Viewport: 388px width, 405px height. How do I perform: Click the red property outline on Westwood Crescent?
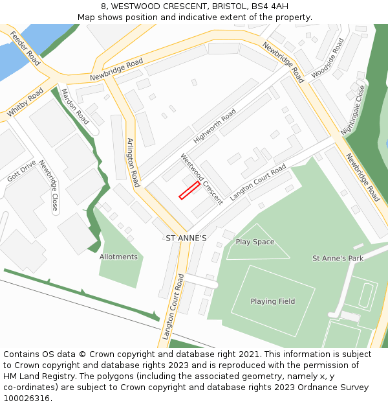[x=189, y=190]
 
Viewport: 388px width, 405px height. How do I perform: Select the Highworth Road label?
[x=215, y=126]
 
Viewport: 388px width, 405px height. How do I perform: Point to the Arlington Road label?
[x=133, y=163]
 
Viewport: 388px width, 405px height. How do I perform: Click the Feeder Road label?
[x=25, y=47]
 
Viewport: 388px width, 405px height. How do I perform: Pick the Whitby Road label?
[x=25, y=102]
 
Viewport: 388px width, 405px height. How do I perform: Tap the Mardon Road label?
[x=75, y=106]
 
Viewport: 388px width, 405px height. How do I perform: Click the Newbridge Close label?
[x=47, y=186]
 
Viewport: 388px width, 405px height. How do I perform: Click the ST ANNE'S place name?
[x=186, y=238]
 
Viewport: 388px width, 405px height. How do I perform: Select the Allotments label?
[x=118, y=257]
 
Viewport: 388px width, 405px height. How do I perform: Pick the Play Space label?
[x=255, y=242]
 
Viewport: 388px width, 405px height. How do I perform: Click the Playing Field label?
[x=272, y=301]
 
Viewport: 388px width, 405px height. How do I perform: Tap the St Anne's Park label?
[x=338, y=259]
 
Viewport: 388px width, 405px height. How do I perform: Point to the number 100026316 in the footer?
[x=27, y=399]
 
